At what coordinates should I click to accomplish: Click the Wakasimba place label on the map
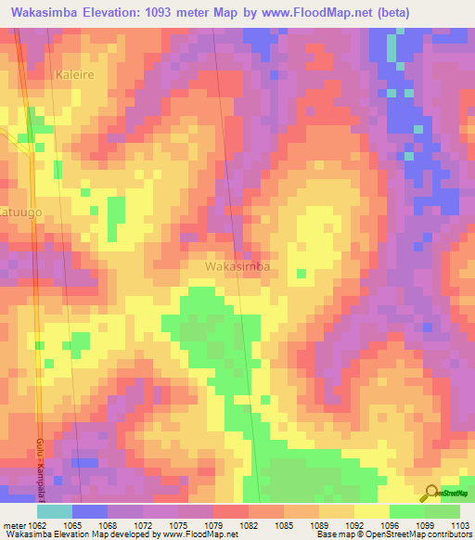237,266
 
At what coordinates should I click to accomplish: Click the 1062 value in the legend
38,525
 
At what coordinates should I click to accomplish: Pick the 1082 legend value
250,525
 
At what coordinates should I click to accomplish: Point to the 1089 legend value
320,525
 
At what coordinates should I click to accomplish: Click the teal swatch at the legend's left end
55,511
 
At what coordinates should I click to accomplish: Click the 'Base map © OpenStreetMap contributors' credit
391,535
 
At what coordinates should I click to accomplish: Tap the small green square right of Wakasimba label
301,273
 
